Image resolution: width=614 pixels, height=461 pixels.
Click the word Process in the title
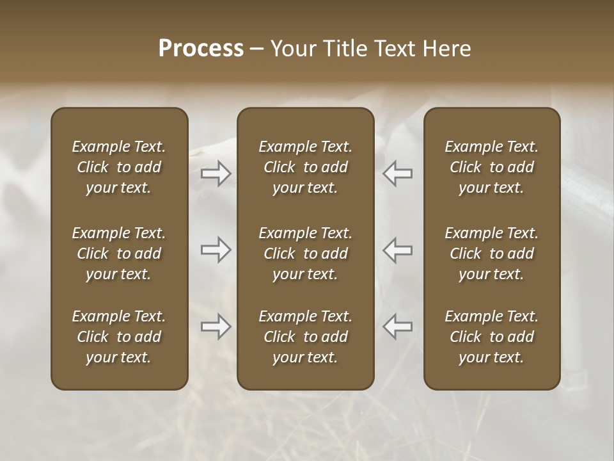tap(201, 49)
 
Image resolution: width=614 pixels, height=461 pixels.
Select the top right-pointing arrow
tap(216, 174)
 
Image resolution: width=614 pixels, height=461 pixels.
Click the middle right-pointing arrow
tap(216, 250)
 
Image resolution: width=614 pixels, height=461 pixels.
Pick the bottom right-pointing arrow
tap(216, 327)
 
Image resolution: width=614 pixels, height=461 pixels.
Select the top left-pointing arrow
tap(397, 174)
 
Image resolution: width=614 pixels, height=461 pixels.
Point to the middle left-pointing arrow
tap(397, 250)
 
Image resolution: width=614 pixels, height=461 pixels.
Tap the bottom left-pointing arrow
tap(397, 327)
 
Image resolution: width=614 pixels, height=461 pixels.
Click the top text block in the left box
tap(119, 167)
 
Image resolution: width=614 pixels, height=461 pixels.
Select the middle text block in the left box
tap(119, 254)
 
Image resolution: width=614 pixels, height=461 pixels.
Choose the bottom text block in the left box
tap(119, 337)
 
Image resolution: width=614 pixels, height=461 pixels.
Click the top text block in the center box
tap(306, 167)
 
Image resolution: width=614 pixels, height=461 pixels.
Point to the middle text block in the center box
tap(306, 254)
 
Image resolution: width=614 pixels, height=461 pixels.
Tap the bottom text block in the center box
tap(306, 337)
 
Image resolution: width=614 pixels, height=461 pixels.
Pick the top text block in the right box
tap(492, 167)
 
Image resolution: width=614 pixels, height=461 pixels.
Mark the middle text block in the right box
tap(492, 254)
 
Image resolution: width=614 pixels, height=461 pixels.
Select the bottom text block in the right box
tap(492, 337)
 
